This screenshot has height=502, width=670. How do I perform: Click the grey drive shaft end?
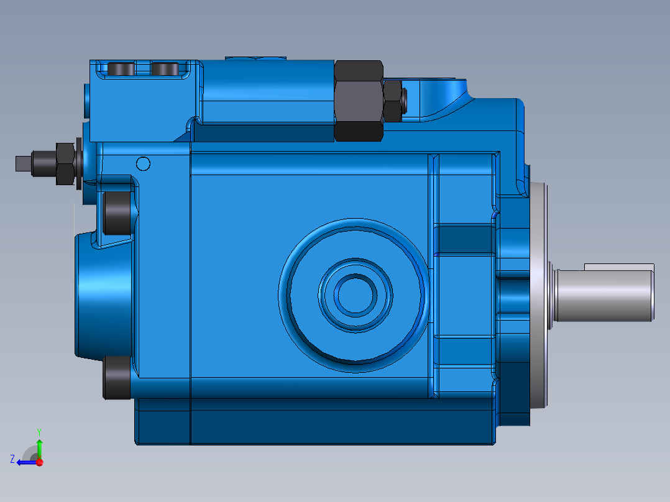pos(606,294)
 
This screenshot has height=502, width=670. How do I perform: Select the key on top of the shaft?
pos(618,267)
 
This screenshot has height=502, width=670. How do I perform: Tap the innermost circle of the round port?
pos(354,294)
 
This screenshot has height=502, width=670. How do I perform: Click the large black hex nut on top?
pos(358,100)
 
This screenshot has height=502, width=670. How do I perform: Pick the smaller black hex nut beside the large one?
pos(392,101)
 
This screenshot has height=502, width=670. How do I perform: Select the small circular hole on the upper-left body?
pos(143,163)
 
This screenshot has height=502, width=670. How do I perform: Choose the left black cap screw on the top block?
pos(121,69)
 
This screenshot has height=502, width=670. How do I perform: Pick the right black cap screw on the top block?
pos(165,69)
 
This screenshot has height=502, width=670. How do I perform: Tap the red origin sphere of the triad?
pos(39,462)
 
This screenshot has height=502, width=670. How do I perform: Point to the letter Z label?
pos(12,459)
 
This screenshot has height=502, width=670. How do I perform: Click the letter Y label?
pos(39,431)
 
